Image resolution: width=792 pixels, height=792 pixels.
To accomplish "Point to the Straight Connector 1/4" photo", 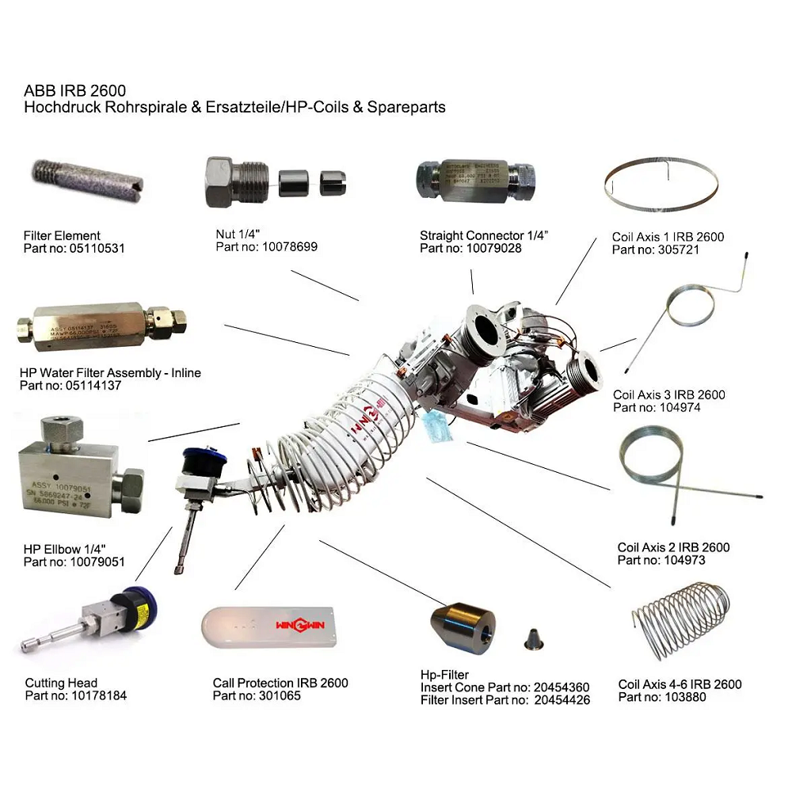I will tap(475, 181).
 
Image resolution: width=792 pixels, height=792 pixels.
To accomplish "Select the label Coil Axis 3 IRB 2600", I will tap(668, 394).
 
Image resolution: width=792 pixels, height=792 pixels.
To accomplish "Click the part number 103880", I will tap(676, 697).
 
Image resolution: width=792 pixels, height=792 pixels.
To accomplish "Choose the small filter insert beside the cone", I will tap(531, 638).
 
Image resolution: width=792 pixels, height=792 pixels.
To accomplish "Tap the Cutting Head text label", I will tap(61, 683).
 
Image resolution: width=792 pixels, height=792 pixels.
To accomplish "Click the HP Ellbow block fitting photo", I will tap(79, 467).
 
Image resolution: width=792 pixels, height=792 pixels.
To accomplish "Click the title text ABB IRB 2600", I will tap(74, 91).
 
